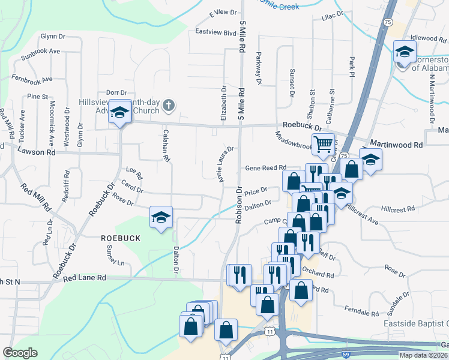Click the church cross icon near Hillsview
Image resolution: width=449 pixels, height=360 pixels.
(x=169, y=106)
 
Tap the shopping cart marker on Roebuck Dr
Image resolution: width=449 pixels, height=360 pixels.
(x=323, y=144)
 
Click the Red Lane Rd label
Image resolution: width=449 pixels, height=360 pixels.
(x=84, y=278)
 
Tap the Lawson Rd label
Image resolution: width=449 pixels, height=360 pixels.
(x=37, y=152)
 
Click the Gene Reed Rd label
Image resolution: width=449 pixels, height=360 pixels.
(x=264, y=168)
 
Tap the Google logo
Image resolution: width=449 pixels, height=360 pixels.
(x=20, y=353)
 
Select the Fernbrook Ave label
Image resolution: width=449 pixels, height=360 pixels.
(x=31, y=79)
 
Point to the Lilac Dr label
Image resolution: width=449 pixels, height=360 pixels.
(x=332, y=13)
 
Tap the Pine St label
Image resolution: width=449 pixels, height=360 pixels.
(x=37, y=96)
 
